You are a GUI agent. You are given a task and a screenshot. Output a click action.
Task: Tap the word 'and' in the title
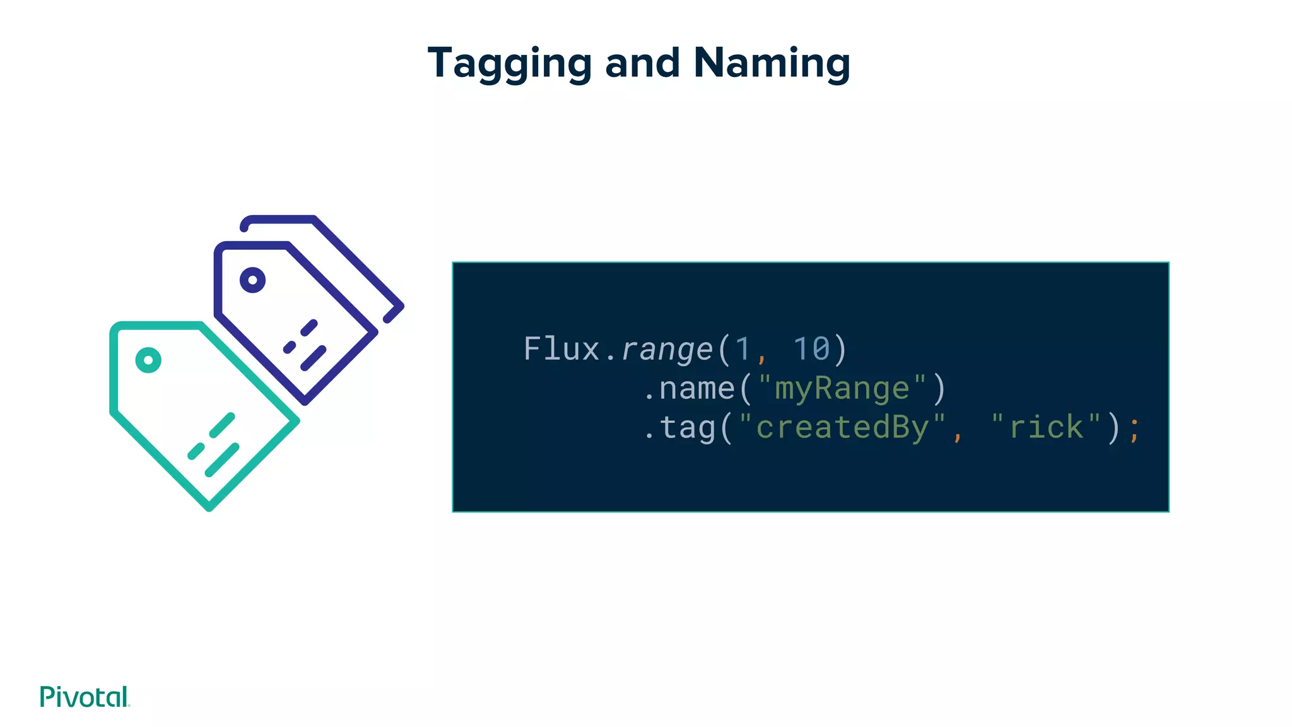[x=642, y=63]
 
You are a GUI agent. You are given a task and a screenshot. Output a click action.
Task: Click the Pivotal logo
[x=85, y=697]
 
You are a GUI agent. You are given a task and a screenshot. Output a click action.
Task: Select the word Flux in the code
[x=561, y=349]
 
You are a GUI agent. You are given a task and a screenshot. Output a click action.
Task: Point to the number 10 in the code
[x=811, y=349]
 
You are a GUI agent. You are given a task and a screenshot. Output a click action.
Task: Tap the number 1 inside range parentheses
[x=743, y=349]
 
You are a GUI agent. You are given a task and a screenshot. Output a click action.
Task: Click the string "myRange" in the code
[x=842, y=388]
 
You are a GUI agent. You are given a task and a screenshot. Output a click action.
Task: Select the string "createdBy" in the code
[x=842, y=427]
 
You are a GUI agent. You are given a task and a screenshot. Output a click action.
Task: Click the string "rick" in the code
[x=1045, y=427]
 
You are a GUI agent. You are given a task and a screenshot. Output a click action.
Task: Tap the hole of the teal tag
[x=148, y=360]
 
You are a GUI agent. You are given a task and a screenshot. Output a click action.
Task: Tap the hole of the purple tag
[x=252, y=280]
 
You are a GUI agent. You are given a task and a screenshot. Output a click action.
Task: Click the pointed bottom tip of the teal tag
[x=209, y=507]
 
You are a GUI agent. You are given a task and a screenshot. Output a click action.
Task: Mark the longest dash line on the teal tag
[x=222, y=460]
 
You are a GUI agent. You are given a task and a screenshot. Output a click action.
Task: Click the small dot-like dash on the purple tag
[x=290, y=346]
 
